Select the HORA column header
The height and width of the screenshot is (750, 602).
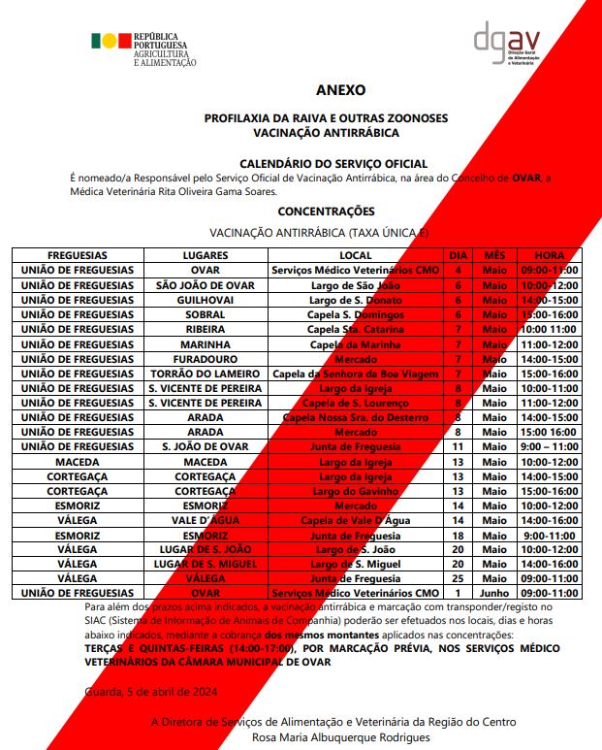click(x=549, y=255)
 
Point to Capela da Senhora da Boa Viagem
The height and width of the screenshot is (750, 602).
click(x=356, y=374)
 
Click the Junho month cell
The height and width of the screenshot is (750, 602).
click(x=494, y=593)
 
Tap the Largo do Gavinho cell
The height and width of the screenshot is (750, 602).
click(x=356, y=491)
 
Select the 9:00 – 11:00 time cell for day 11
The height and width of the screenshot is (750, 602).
click(x=549, y=447)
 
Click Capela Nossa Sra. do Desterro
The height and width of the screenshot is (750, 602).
click(x=356, y=417)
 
